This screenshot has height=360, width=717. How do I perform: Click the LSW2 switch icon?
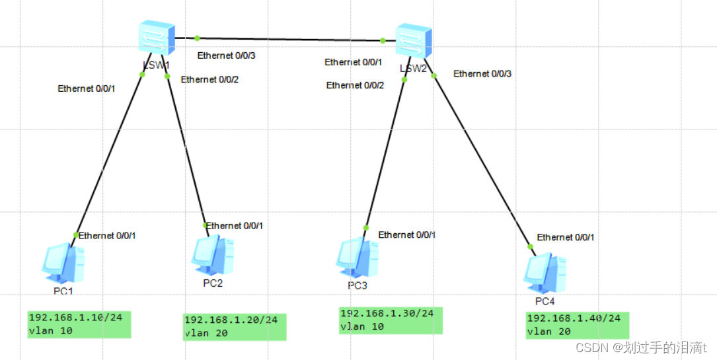(413, 42)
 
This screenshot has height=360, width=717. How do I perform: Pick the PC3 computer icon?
(358, 258)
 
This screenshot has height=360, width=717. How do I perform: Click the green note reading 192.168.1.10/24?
(79, 324)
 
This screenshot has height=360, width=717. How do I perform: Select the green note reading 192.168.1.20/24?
(235, 326)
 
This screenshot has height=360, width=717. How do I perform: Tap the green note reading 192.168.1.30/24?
(391, 320)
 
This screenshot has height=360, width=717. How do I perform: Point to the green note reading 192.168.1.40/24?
(577, 325)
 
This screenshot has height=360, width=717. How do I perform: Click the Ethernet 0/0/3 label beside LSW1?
(226, 55)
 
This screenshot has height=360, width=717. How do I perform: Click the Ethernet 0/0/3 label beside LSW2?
(482, 74)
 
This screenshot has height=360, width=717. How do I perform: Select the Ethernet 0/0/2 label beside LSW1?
(209, 79)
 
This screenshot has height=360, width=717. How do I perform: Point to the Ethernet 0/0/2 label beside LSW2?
(355, 85)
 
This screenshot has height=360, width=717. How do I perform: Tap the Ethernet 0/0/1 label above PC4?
(565, 237)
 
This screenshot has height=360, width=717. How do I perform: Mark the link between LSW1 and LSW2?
(289, 40)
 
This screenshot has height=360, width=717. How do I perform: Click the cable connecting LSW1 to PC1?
(109, 155)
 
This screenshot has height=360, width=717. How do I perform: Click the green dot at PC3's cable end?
(365, 228)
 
